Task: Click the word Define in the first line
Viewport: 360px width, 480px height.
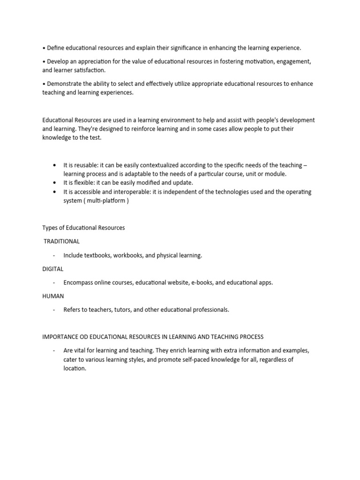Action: click(56, 48)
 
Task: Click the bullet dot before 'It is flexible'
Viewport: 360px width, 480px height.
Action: click(55, 183)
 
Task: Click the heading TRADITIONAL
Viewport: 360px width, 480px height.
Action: click(62, 241)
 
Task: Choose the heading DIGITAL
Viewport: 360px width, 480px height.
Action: click(53, 269)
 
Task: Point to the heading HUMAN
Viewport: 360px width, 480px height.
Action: click(53, 296)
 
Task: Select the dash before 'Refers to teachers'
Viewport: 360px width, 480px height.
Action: click(54, 310)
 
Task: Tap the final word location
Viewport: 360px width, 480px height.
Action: click(75, 368)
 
